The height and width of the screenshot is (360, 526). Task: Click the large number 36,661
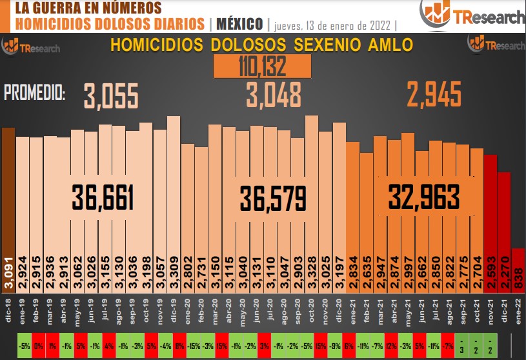coord(103,197)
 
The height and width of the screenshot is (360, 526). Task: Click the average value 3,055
coord(111,96)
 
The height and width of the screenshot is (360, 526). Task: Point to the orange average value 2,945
coord(434,95)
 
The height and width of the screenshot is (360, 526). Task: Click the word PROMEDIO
coord(35,94)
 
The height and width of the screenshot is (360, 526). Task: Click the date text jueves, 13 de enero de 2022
coord(333,25)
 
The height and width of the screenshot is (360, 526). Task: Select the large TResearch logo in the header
coord(472,15)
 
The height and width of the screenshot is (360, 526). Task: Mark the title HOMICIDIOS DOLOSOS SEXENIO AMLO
coord(262,46)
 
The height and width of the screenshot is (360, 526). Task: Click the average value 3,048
coord(274,96)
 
